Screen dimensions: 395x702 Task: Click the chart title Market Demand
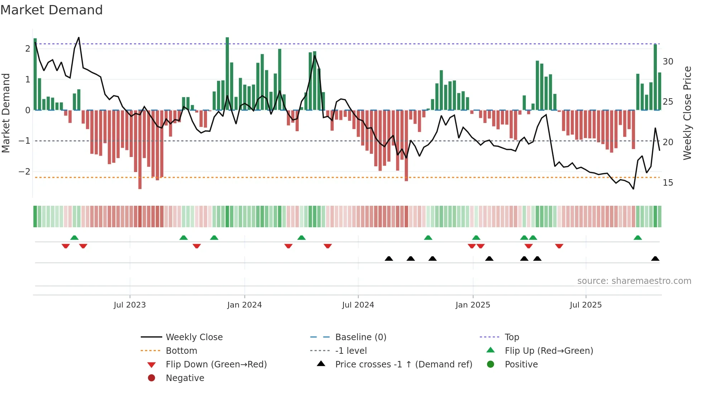[52, 10]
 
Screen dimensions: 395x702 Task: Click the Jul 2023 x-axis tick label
[130, 305]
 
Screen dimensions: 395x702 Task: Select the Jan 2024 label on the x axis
[244, 305]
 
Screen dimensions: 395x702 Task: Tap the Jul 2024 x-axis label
[358, 305]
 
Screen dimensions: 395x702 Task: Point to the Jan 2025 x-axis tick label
[472, 305]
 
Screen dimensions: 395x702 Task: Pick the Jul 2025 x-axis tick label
[586, 305]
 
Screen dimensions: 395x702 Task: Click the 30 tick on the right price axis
[668, 62]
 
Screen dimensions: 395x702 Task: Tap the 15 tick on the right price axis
[668, 183]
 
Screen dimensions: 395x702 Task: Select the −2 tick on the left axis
[24, 172]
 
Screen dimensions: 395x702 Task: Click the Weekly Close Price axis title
[687, 113]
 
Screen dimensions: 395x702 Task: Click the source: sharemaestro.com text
[634, 281]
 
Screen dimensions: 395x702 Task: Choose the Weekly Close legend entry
[194, 337]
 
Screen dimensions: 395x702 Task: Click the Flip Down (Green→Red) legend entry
[216, 365]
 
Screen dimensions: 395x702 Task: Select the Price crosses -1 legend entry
[403, 365]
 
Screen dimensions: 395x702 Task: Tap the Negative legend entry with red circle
[185, 378]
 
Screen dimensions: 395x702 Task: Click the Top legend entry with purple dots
[511, 337]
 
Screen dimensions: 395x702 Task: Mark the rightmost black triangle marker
[655, 259]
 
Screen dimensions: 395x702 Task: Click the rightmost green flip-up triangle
[638, 238]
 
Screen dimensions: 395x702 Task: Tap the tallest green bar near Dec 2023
[227, 73]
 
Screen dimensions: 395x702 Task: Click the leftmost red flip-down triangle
[66, 246]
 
